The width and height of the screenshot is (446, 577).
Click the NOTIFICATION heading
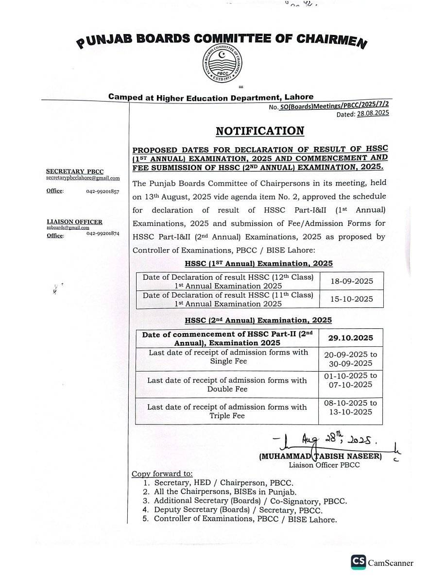pyautogui.click(x=260, y=131)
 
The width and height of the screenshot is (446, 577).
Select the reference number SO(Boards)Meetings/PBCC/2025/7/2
pyautogui.click(x=335, y=106)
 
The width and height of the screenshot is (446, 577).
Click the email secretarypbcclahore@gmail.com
pyautogui.click(x=83, y=178)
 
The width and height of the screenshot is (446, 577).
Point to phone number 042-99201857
pyautogui.click(x=103, y=191)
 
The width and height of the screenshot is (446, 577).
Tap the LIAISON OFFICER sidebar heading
pyautogui.click(x=74, y=222)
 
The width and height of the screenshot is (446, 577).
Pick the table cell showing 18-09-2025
pyautogui.click(x=351, y=281)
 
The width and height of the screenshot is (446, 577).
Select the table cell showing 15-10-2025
pyautogui.click(x=351, y=299)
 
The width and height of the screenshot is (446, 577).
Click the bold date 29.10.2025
pyautogui.click(x=351, y=338)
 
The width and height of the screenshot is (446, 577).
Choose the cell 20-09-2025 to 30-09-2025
pyautogui.click(x=350, y=359)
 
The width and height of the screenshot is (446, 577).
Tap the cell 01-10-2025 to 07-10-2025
pyautogui.click(x=350, y=380)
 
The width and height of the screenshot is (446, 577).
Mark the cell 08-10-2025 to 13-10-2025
pyautogui.click(x=350, y=407)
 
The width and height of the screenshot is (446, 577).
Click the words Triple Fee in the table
pyautogui.click(x=227, y=416)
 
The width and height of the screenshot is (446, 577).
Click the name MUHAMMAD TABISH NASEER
pyautogui.click(x=321, y=457)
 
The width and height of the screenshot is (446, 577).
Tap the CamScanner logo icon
pyautogui.click(x=359, y=562)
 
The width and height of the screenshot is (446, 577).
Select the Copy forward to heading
pyautogui.click(x=162, y=474)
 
